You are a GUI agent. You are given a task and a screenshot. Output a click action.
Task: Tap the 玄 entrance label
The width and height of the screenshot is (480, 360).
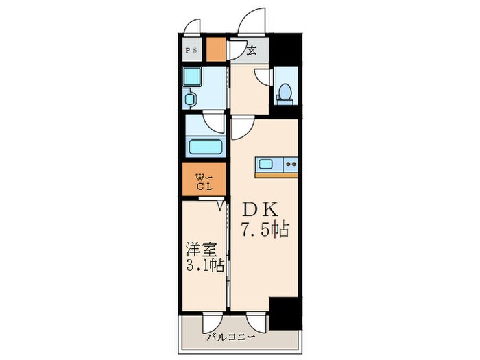click(252, 49)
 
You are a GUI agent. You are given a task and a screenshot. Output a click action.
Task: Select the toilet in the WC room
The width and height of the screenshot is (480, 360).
click(285, 93)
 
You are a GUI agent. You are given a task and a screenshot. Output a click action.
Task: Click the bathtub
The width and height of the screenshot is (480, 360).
click(204, 147)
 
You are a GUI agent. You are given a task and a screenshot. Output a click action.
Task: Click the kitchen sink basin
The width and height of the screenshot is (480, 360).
click(266, 165)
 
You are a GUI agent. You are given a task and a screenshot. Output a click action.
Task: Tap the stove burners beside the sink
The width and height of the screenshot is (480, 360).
click(291, 165)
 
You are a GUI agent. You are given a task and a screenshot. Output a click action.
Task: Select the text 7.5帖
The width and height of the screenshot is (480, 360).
click(264, 230)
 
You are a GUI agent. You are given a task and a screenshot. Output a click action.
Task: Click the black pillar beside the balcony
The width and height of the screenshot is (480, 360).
click(285, 314)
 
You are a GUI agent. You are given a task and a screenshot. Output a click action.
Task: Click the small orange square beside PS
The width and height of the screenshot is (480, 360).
click(216, 50)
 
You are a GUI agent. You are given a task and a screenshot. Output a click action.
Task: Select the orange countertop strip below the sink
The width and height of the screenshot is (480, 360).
click(277, 175)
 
